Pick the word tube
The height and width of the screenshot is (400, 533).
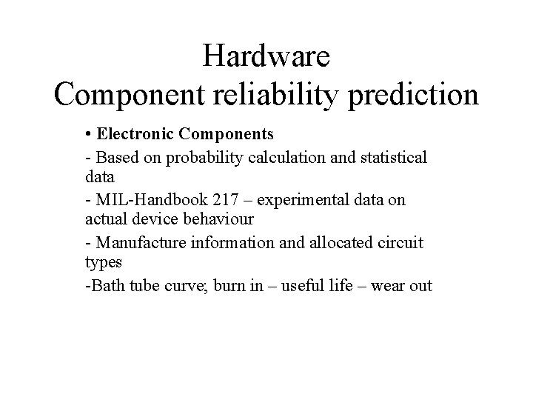136,286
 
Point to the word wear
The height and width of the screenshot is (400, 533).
389,286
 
